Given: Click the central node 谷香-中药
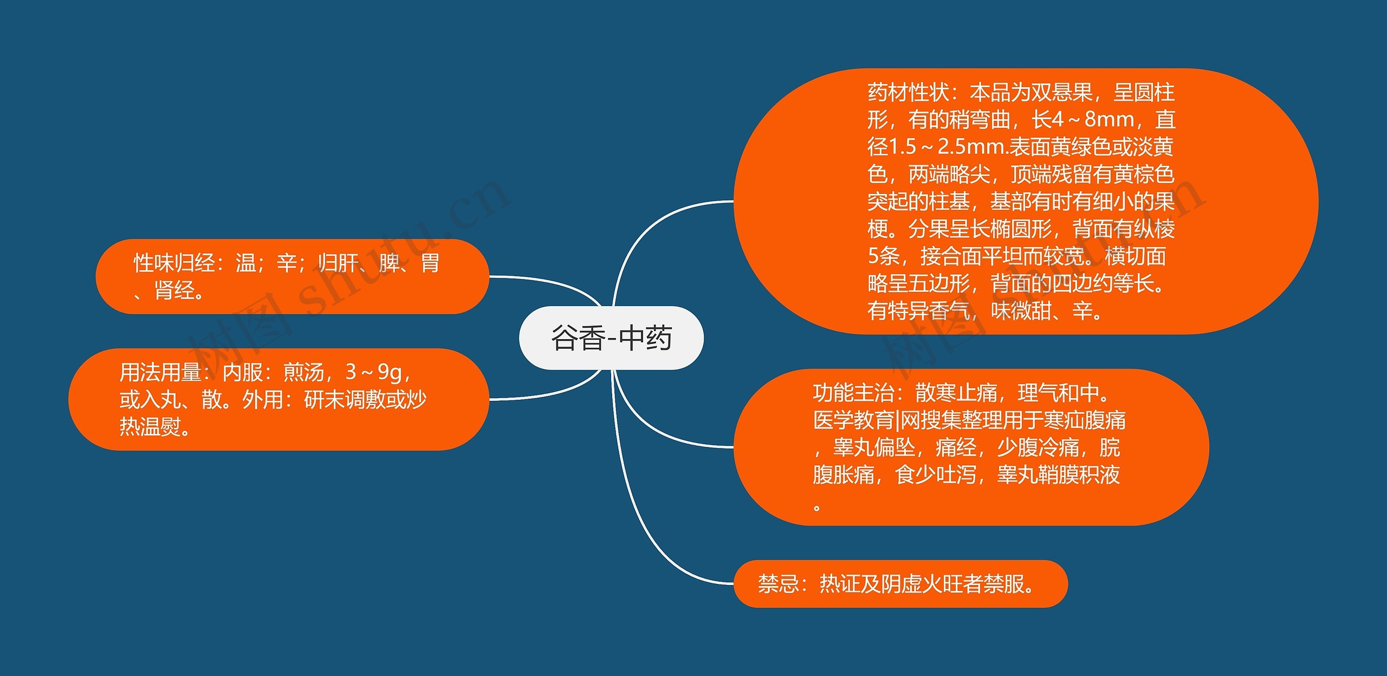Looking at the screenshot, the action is click(611, 338).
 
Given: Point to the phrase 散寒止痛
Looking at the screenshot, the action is click(956, 393).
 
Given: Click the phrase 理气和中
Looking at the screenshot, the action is click(1059, 393).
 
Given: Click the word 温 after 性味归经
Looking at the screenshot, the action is click(246, 263).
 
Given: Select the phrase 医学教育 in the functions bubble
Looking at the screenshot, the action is click(854, 420).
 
